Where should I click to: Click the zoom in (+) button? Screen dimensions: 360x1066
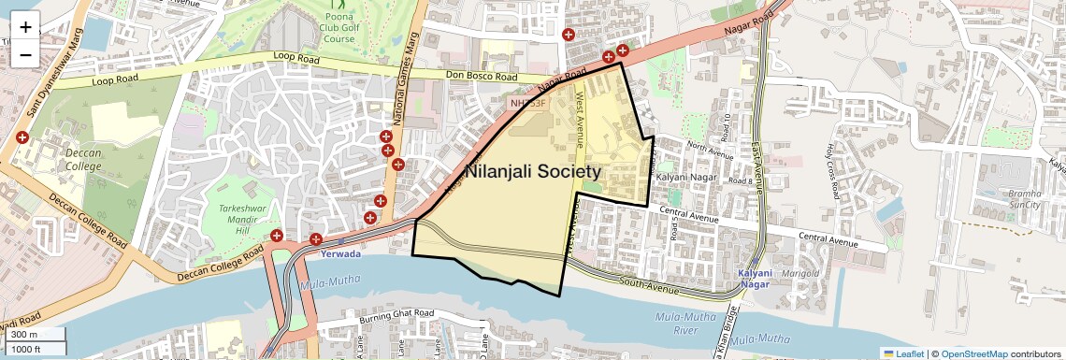click(25, 26)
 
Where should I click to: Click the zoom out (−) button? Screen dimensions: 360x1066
click(25, 54)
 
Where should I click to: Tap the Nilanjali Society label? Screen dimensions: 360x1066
click(532, 173)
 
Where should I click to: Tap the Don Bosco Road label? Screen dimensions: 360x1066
click(482, 77)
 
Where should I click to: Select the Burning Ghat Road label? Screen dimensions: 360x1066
click(396, 315)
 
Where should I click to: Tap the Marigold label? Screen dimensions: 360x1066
click(800, 273)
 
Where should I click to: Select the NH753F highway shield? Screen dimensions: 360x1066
click(527, 101)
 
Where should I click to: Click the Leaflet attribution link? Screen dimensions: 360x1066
click(903, 353)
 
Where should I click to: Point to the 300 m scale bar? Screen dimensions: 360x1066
click(34, 334)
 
